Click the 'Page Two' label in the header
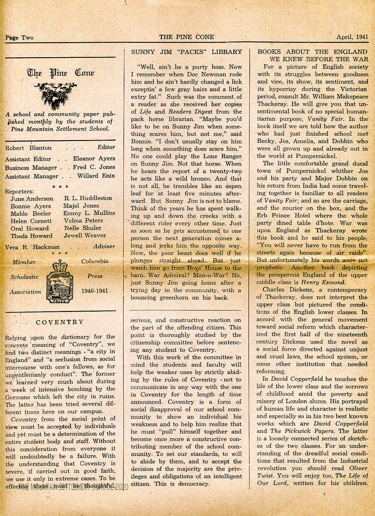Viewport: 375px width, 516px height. [19, 38]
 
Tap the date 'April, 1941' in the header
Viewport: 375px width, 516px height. [352, 37]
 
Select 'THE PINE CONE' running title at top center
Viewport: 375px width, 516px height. [187, 37]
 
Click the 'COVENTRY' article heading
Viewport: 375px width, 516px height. [60, 322]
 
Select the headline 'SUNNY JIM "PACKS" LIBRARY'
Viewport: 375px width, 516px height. [187, 52]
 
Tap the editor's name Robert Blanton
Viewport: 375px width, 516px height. [28, 148]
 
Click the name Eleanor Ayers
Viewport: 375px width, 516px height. [94, 158]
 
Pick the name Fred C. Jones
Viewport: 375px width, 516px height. [94, 167]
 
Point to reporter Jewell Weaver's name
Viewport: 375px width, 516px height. [85, 235]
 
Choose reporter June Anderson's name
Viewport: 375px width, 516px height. [32, 198]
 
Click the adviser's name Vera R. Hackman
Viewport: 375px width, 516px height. [32, 247]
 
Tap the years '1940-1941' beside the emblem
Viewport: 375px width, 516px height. [94, 291]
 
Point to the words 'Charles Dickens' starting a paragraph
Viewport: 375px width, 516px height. [286, 290]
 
